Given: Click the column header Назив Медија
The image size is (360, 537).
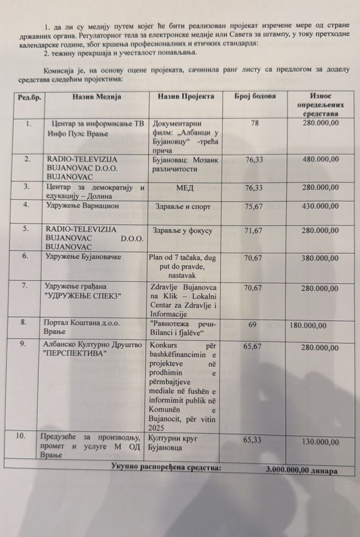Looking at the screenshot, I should [97, 97].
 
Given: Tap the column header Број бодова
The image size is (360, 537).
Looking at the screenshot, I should [255, 96].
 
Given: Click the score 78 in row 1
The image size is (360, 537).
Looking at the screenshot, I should [255, 123].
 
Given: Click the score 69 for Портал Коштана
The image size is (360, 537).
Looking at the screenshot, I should [252, 325].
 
